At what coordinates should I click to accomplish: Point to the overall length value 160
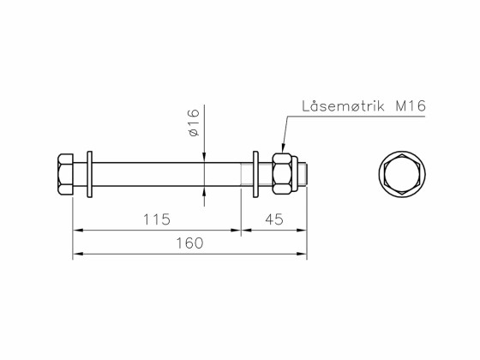[189, 243]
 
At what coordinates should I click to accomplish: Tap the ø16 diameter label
[193, 123]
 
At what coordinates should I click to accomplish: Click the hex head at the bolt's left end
[64, 175]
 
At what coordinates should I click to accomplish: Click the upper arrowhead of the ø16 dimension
[205, 156]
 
